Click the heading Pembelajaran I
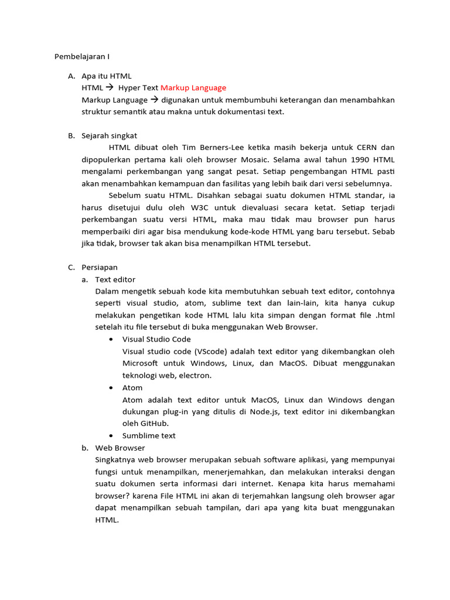click(x=82, y=57)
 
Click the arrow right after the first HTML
click(x=110, y=88)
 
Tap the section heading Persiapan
click(x=100, y=267)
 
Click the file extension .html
click(x=384, y=315)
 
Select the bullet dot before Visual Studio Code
click(x=111, y=339)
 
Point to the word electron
click(x=193, y=376)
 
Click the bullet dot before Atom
click(x=111, y=388)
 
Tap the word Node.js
click(x=261, y=412)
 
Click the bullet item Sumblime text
click(x=149, y=436)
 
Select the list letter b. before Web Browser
click(x=86, y=448)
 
